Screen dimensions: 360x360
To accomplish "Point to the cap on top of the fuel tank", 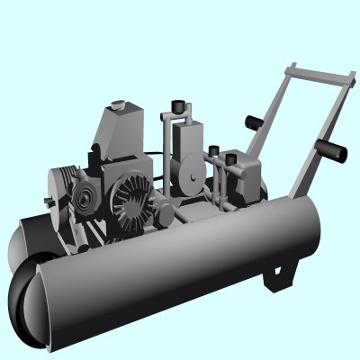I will click(117, 105).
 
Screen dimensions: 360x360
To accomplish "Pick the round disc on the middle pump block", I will click(190, 176).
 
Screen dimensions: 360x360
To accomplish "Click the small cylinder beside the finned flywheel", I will click(165, 214).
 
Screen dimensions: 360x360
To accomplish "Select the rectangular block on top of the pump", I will click(190, 139).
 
